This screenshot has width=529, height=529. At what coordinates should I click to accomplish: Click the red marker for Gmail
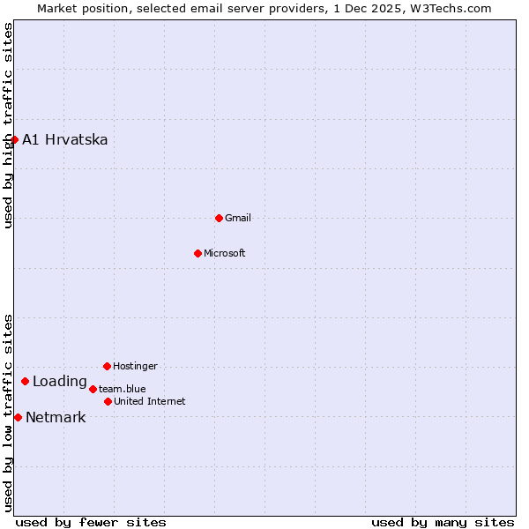[x=219, y=218]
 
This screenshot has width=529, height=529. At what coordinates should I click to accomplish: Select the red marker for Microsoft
[x=197, y=253]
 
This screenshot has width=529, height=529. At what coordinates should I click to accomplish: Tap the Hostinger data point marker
[x=107, y=366]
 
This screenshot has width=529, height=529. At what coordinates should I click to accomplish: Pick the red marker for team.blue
[x=93, y=389]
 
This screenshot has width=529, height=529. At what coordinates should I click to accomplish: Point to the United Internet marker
[x=108, y=401]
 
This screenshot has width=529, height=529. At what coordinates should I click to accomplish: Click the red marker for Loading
[x=25, y=382]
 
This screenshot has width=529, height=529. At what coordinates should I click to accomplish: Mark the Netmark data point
[x=18, y=417]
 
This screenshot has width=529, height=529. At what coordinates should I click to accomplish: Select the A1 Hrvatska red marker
[x=14, y=139]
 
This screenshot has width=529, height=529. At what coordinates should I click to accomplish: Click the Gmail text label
[x=238, y=219]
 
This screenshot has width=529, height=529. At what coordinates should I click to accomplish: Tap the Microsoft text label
[x=225, y=254]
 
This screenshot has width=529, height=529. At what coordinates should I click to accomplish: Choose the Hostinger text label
[x=135, y=367]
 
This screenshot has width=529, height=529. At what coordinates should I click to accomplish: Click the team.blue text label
[x=123, y=389]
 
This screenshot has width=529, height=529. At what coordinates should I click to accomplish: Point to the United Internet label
[x=150, y=402]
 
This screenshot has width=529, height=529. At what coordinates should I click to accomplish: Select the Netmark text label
[x=56, y=418]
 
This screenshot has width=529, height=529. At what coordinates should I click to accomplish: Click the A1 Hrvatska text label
[x=65, y=140]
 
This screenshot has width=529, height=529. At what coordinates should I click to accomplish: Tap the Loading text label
[x=60, y=382]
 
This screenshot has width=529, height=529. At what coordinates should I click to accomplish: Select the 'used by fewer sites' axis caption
[x=91, y=522]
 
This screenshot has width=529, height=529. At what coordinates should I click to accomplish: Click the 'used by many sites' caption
[x=443, y=522]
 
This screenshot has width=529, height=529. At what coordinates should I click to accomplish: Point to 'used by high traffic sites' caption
[x=8, y=125]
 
